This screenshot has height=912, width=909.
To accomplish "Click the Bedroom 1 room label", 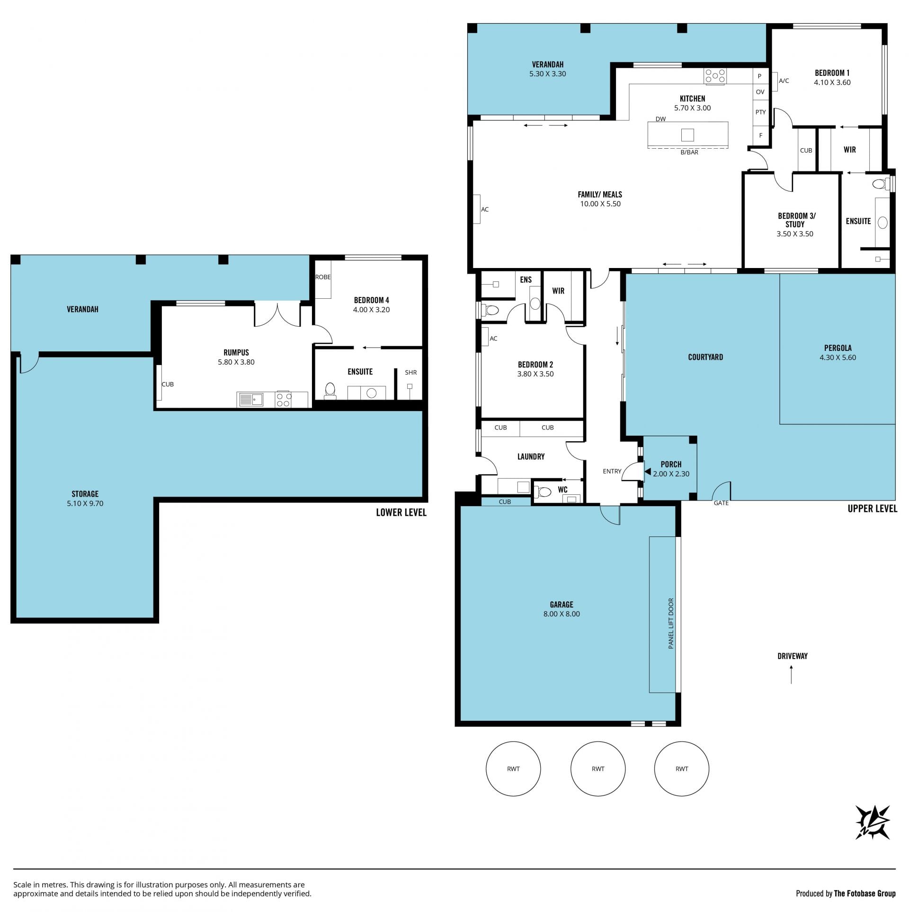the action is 832,73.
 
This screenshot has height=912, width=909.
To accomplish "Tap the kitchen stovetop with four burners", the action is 715,76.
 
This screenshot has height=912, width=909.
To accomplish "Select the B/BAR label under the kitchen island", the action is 689,152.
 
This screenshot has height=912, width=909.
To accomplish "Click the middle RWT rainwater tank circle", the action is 598,769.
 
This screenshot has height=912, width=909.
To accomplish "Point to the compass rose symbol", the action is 873,836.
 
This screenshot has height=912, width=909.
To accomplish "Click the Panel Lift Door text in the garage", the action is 671,623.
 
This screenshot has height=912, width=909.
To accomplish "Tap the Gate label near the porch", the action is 721,503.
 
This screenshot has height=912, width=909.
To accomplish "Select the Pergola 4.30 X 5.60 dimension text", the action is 838,358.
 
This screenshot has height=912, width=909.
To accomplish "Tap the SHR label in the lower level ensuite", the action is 411,373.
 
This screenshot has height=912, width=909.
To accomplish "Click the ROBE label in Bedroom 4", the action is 323,277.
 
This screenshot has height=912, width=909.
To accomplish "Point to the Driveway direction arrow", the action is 792,675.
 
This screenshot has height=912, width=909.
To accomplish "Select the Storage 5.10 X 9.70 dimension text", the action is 85,503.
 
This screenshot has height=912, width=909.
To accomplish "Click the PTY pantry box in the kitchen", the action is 760,112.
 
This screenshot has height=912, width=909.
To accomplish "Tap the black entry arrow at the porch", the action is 647,472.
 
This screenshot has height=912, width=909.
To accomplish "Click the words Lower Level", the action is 401,512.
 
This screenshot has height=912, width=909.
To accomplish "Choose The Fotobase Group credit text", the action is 865,894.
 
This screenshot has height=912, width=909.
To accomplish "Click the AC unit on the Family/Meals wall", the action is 477,209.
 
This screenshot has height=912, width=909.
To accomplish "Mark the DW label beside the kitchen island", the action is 661,119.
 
